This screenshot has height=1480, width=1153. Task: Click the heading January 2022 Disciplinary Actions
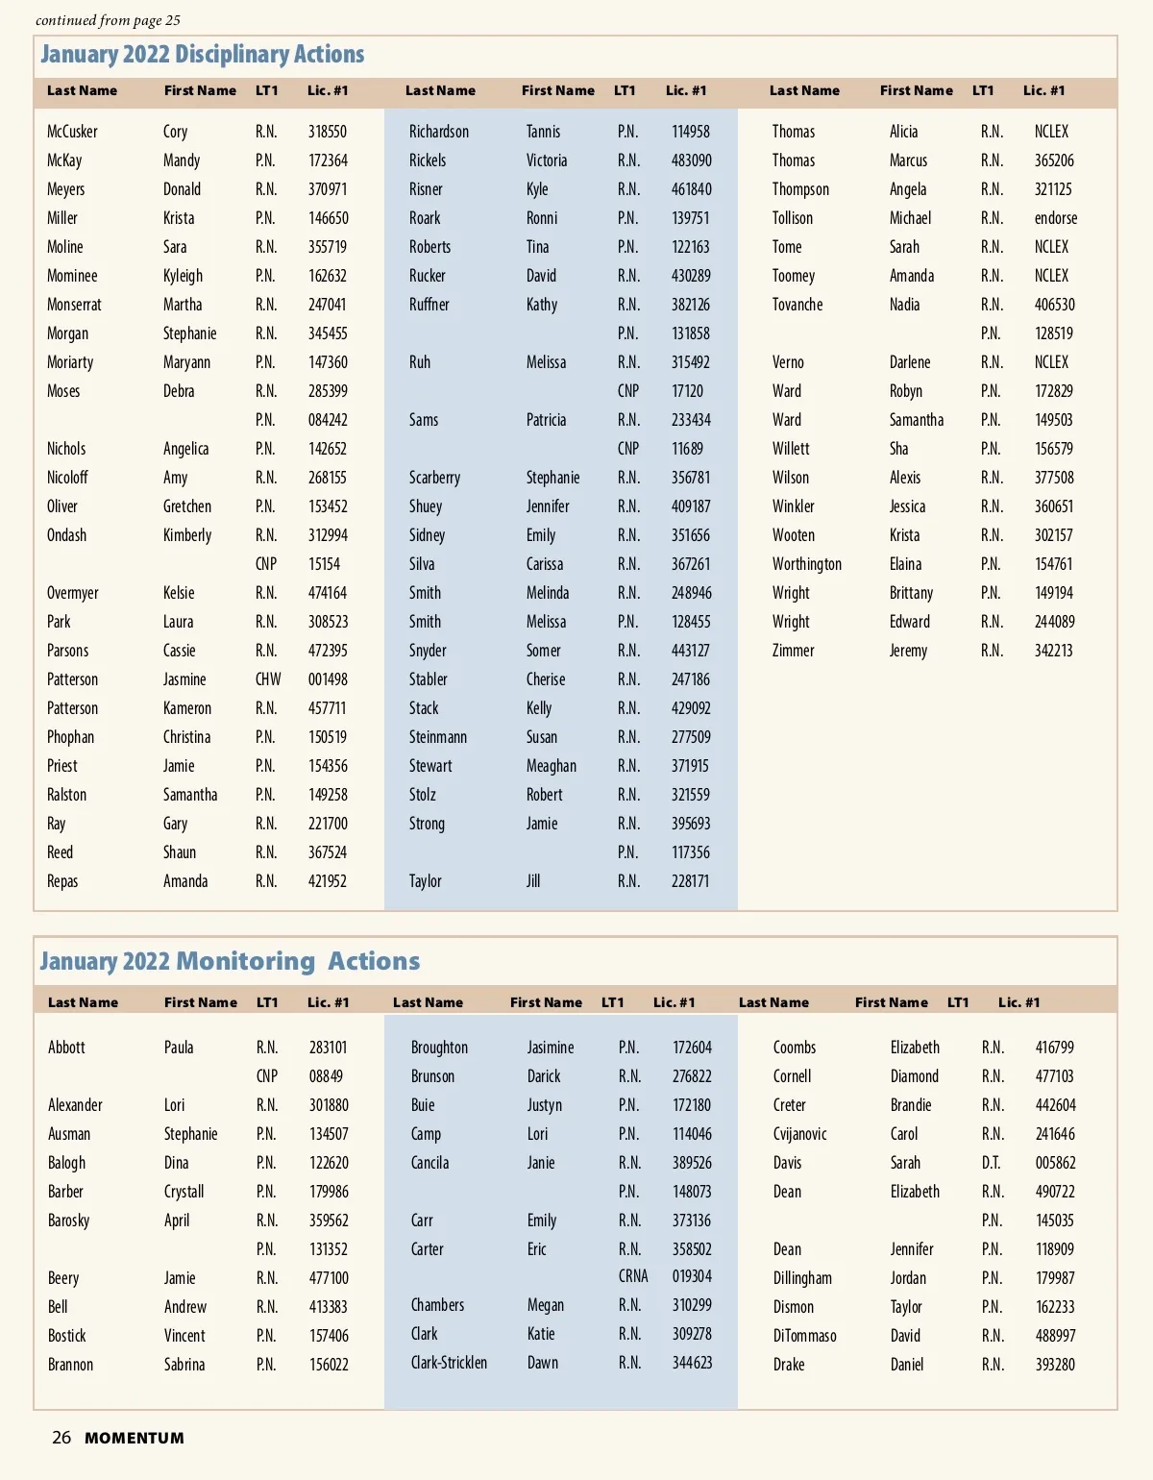pos(202,55)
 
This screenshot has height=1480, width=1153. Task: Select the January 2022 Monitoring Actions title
pos(230,961)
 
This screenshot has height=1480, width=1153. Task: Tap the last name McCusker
pos(72,132)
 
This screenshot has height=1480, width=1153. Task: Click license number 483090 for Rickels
pos(691,160)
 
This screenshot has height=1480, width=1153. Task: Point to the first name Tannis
pos(543,132)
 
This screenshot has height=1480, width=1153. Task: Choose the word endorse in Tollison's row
pos(1055,218)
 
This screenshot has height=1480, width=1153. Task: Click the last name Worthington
pos(806,564)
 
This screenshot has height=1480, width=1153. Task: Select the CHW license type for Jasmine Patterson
pos(268,679)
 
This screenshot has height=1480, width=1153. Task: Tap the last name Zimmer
pos(793,651)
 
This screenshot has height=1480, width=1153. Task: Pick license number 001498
pos(328,679)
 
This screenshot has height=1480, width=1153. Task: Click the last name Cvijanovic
pos(799,1134)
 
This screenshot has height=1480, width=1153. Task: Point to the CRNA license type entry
pos(633,1276)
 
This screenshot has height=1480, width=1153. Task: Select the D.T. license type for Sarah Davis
pos(991,1163)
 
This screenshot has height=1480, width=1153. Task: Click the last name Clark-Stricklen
pos(449,1363)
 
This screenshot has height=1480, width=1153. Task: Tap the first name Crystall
pos(184,1192)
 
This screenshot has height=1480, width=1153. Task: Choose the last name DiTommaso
pos(804,1336)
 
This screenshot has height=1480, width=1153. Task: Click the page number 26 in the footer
pos(61,1438)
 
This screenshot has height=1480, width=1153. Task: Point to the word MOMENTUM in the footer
pos(134,1439)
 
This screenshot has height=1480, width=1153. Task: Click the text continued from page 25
pos(108,20)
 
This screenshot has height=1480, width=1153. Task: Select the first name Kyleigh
pos(183,276)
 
